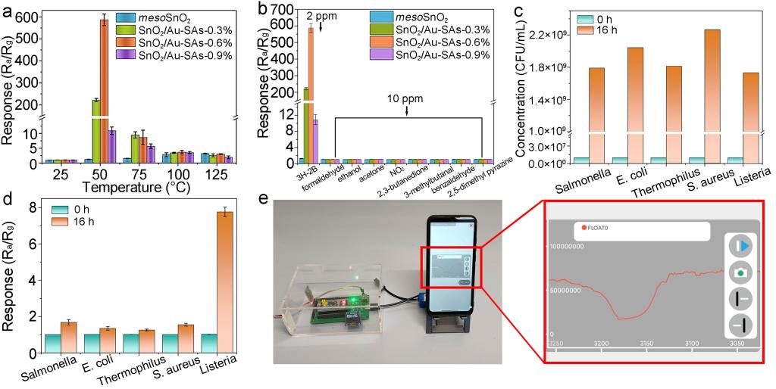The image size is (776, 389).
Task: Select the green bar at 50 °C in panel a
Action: (x=96, y=129)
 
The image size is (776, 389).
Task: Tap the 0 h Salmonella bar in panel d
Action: (x=52, y=343)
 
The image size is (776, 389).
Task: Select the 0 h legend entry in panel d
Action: (x=74, y=209)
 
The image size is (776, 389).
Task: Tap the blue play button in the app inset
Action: (x=741, y=247)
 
